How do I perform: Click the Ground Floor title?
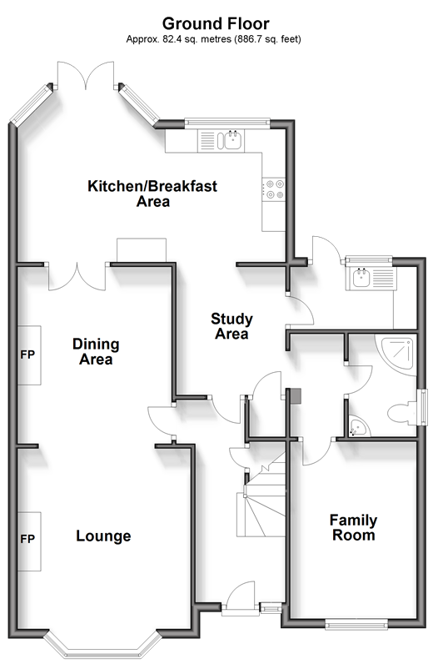coord(216,23)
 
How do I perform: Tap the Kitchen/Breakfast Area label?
coord(152,194)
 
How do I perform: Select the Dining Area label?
coord(96,351)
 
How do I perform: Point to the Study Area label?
coord(231,326)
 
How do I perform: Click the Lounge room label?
coord(103,536)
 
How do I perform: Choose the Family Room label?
coord(354,527)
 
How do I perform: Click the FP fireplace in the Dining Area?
coord(29,355)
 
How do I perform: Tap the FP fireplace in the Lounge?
coord(29,541)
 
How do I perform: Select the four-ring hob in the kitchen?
coord(274,189)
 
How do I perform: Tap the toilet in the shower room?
coord(402,413)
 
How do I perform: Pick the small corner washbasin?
coord(358,428)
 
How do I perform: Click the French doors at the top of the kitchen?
coord(86,75)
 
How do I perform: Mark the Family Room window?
coord(356,623)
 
